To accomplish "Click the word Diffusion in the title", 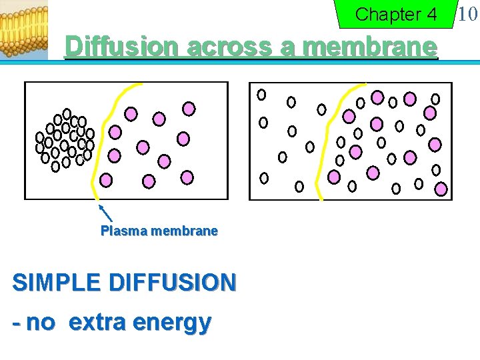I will [x=123, y=47].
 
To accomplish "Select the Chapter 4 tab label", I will [x=396, y=15].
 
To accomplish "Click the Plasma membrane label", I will [x=159, y=231].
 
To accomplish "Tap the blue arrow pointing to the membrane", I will [x=105, y=213].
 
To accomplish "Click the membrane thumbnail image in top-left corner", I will [x=24, y=30].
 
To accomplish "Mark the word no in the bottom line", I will [x=41, y=323].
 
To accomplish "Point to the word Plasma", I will [x=124, y=231].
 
